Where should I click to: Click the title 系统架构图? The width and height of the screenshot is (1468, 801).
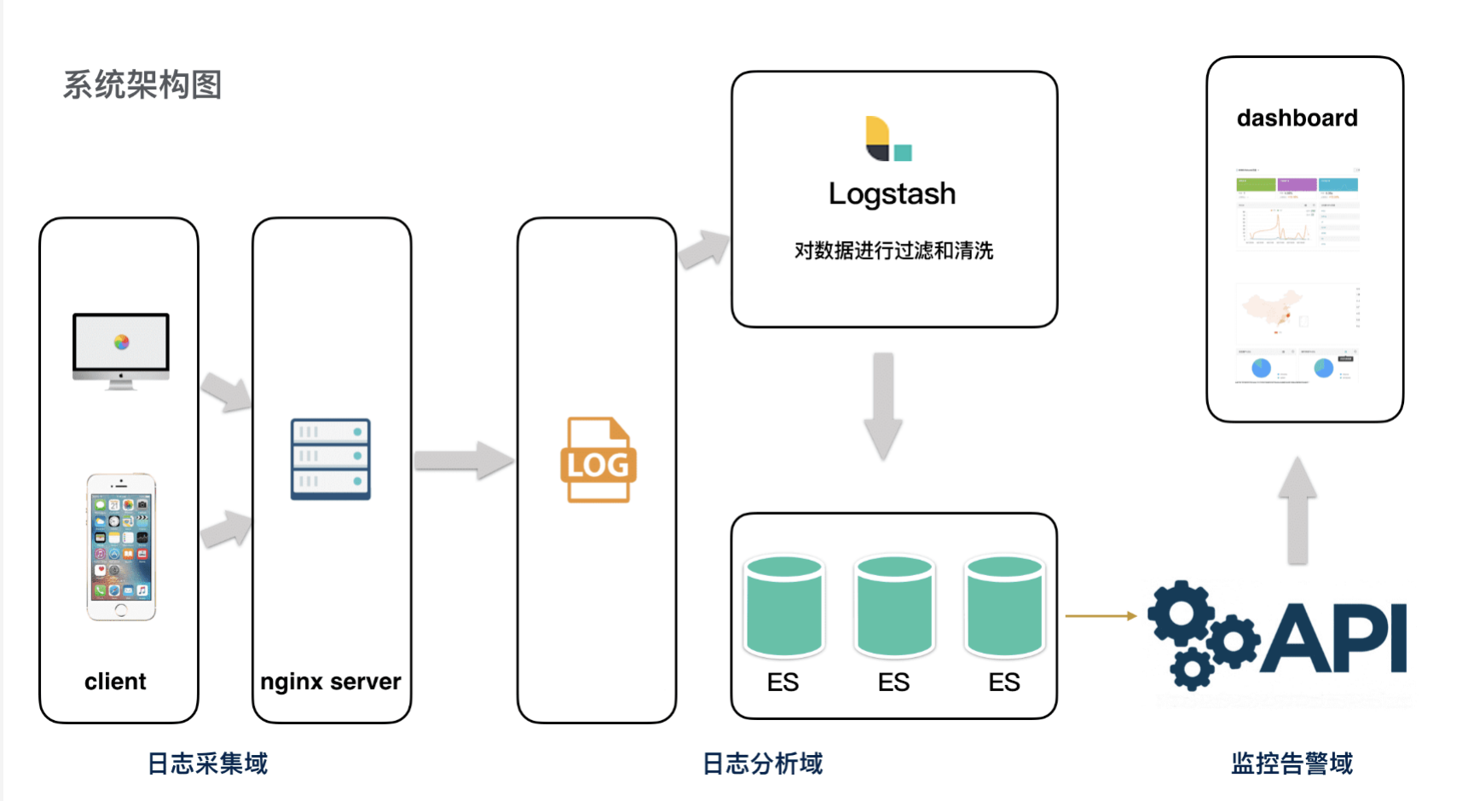pyautogui.click(x=142, y=85)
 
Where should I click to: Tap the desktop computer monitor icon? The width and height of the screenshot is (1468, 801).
pyautogui.click(x=121, y=350)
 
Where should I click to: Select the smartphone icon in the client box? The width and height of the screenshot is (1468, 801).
pyautogui.click(x=121, y=546)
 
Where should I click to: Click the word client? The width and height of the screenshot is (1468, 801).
pyautogui.click(x=115, y=682)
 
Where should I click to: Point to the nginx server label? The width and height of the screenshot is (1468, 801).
pyautogui.click(x=331, y=682)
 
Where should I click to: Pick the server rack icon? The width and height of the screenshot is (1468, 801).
pyautogui.click(x=331, y=458)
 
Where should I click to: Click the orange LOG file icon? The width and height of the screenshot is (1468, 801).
pyautogui.click(x=598, y=460)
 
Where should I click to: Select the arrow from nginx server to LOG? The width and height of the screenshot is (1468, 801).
pyautogui.click(x=464, y=460)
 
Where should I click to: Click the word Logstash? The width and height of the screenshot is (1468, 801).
pyautogui.click(x=892, y=194)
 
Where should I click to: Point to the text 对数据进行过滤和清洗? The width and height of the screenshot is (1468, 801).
pyautogui.click(x=893, y=251)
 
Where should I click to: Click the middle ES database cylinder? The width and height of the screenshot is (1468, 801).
pyautogui.click(x=894, y=606)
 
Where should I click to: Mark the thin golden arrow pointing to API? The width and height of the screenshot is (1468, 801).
pyautogui.click(x=1101, y=615)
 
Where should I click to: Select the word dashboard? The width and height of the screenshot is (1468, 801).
pyautogui.click(x=1297, y=118)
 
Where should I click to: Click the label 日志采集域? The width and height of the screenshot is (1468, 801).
pyautogui.click(x=207, y=764)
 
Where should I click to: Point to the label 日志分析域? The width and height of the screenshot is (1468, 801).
pyautogui.click(x=762, y=764)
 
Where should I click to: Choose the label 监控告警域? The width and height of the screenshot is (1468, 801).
pyautogui.click(x=1292, y=764)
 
